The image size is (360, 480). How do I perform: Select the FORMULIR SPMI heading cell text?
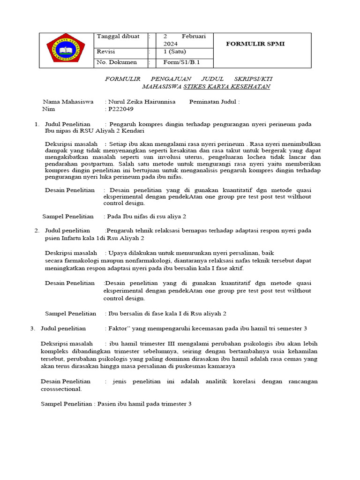tap(255, 44)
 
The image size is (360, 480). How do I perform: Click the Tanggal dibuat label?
tap(118, 37)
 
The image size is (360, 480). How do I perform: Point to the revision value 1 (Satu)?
tap(174, 52)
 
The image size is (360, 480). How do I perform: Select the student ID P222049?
tap(121, 109)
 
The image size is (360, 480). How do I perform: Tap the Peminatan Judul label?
tap(214, 101)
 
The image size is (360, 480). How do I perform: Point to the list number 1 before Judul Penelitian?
tap(37, 124)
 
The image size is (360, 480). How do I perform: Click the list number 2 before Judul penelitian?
tap(37, 231)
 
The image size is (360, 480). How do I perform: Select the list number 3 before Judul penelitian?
tap(32, 328)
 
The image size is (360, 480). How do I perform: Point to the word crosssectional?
tap(61, 389)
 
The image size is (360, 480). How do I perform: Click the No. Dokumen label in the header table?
tap(117, 62)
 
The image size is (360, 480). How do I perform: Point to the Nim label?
tap(48, 109)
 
